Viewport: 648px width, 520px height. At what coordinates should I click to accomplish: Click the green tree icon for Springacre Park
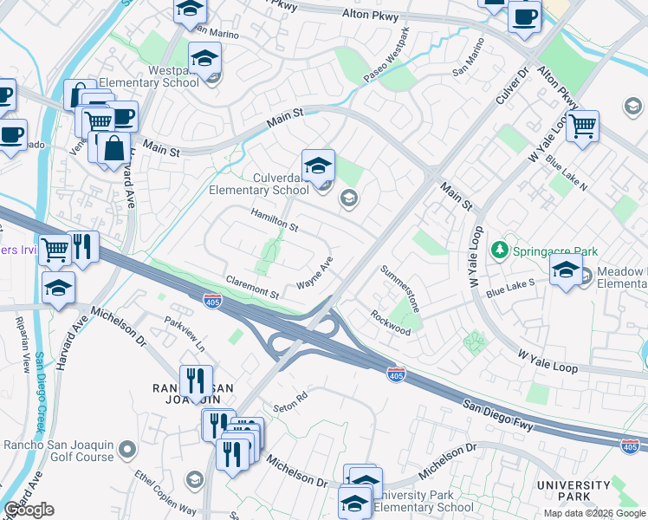499,251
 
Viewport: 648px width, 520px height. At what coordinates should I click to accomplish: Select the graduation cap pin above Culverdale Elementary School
318,165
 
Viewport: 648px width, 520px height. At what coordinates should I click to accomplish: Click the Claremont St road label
252,287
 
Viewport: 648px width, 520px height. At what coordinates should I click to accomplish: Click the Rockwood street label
391,322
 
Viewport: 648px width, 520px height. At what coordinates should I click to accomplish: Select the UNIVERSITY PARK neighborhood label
573,491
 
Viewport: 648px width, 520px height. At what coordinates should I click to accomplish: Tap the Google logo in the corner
29,510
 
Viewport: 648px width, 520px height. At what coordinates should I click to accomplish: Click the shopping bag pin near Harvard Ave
113,148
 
